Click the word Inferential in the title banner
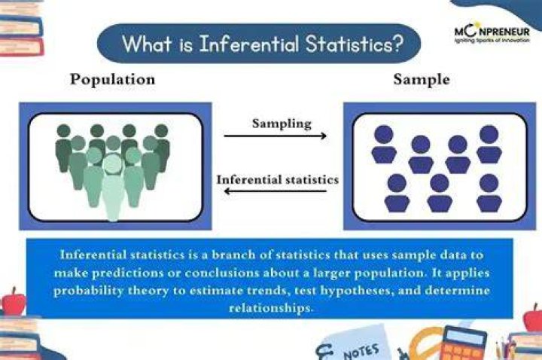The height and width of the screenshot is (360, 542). pyautogui.click(x=249, y=44)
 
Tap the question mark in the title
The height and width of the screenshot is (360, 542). pyautogui.click(x=397, y=44)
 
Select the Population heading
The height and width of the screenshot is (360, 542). pyautogui.click(x=113, y=80)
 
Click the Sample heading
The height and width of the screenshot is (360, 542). pyautogui.click(x=422, y=80)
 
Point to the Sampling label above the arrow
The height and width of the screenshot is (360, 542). pyautogui.click(x=282, y=124)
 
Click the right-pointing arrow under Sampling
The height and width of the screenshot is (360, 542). pyautogui.click(x=276, y=136)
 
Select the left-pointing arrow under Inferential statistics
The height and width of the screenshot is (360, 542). pyautogui.click(x=276, y=191)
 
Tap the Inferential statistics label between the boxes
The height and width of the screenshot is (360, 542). pyautogui.click(x=278, y=180)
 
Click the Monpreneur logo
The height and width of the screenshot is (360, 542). pyautogui.click(x=492, y=34)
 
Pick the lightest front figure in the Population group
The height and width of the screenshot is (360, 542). pyautogui.click(x=112, y=187)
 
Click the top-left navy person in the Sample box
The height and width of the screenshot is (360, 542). pyautogui.click(x=384, y=144)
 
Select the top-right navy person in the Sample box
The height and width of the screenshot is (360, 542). pyautogui.click(x=489, y=144)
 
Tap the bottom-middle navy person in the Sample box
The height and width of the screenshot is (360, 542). pyautogui.click(x=440, y=193)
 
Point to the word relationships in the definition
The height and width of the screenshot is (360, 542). pyautogui.click(x=271, y=307)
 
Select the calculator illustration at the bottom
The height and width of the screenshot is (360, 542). pyautogui.click(x=462, y=344)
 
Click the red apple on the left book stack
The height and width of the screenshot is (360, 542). pyautogui.click(x=14, y=302)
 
